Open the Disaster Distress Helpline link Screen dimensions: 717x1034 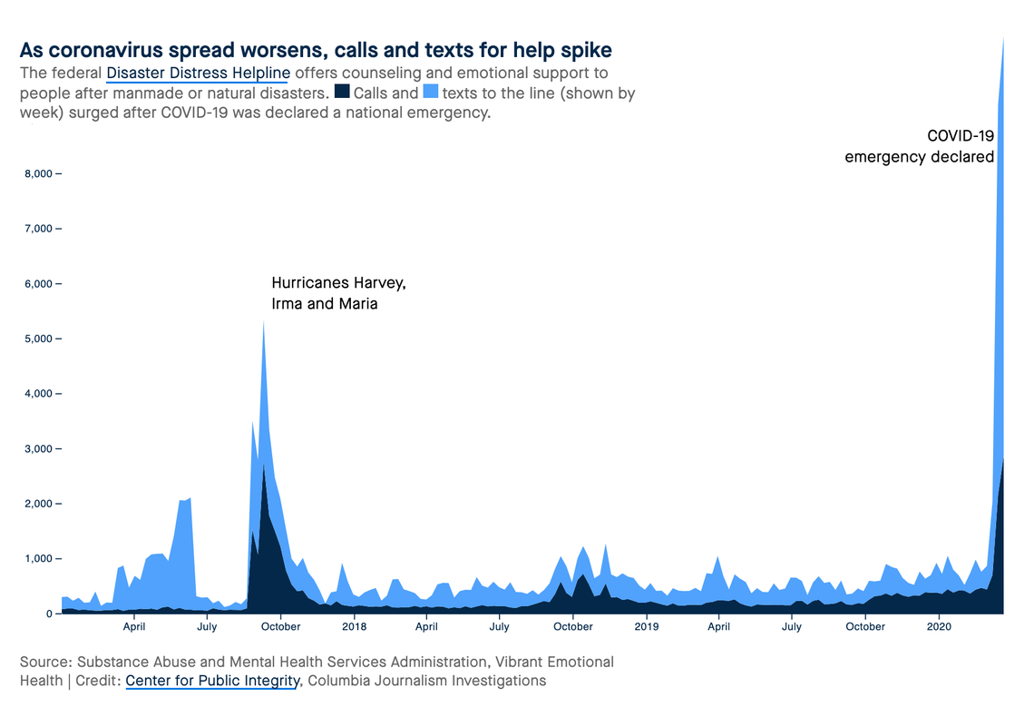coord(198,73)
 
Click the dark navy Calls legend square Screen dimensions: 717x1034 coord(342,92)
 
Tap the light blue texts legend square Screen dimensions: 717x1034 coord(431,92)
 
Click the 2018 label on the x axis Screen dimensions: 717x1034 coord(354,626)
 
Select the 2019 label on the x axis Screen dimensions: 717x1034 coord(647,626)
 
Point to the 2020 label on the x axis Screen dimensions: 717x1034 coord(939,626)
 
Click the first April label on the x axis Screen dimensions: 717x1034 coord(134,626)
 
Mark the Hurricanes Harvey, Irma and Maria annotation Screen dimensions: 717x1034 coord(338,294)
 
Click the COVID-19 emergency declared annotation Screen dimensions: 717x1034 coord(920,146)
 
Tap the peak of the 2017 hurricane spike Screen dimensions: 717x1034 coord(263,322)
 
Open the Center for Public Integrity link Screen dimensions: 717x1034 coord(212,681)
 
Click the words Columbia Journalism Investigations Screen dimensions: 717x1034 coord(427,681)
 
